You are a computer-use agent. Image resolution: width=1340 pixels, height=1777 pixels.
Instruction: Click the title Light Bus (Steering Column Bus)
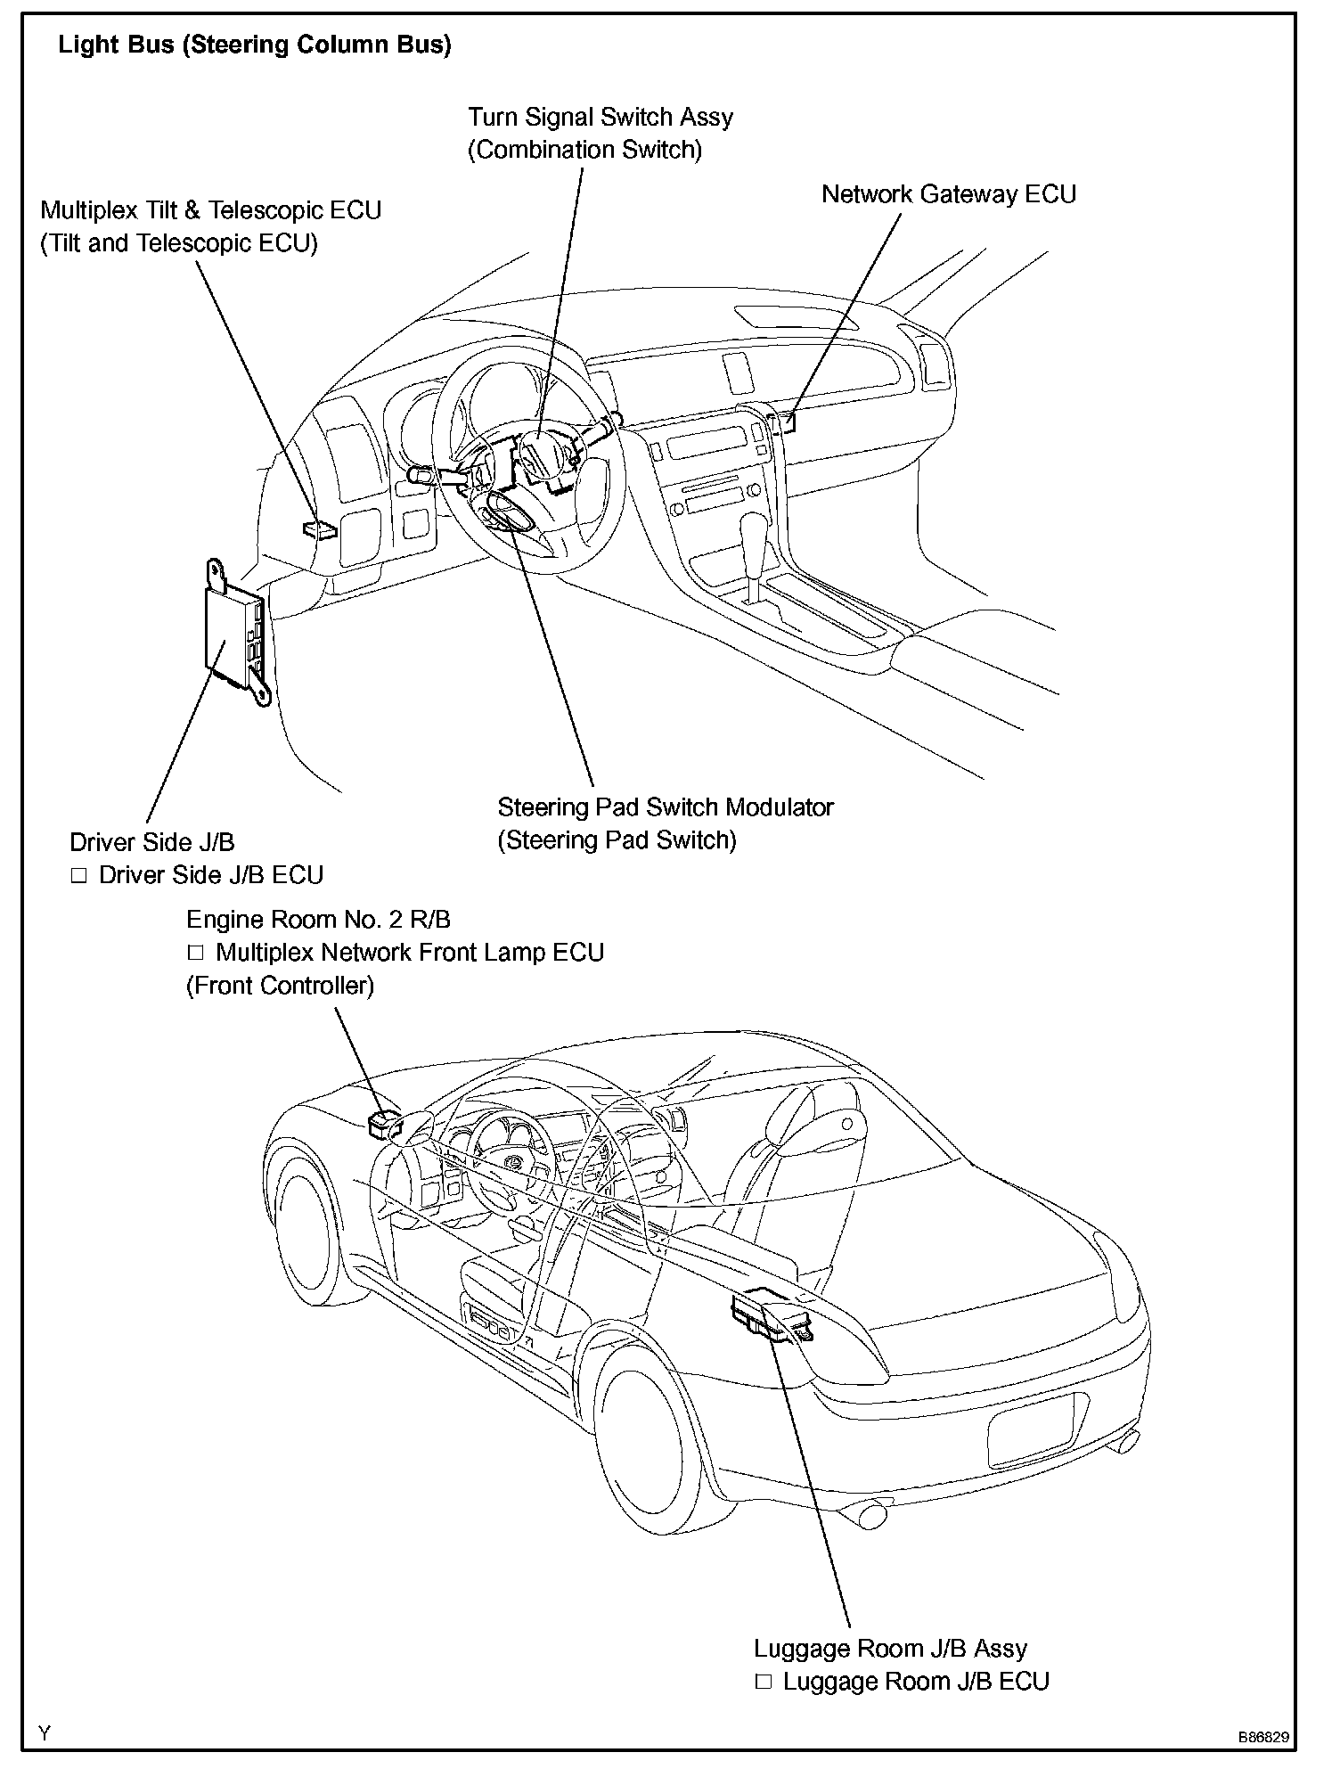tap(254, 45)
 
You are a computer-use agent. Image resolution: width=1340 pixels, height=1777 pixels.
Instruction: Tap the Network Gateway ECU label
tap(948, 194)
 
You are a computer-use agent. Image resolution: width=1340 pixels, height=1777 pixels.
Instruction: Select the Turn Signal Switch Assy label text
tap(601, 118)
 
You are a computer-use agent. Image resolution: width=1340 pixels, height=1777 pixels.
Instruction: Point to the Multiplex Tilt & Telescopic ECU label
tap(211, 211)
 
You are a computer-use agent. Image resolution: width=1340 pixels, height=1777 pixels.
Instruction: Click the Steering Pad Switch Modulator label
tap(665, 807)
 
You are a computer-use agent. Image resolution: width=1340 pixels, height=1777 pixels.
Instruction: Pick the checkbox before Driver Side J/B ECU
tap(79, 876)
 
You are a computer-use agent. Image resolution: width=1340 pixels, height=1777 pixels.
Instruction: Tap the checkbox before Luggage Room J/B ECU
tap(764, 1682)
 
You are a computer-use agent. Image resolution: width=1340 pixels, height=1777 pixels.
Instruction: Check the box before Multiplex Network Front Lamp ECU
tap(196, 953)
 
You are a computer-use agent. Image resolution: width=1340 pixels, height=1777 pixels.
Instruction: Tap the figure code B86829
tap(1262, 1737)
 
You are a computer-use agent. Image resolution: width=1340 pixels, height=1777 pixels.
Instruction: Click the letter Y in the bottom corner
tap(45, 1733)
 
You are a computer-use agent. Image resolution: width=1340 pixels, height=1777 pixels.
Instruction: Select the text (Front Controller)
tap(280, 986)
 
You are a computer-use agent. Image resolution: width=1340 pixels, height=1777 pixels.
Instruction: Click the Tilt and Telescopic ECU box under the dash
tap(320, 529)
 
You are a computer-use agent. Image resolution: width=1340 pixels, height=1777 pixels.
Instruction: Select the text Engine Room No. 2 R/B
tap(318, 920)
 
